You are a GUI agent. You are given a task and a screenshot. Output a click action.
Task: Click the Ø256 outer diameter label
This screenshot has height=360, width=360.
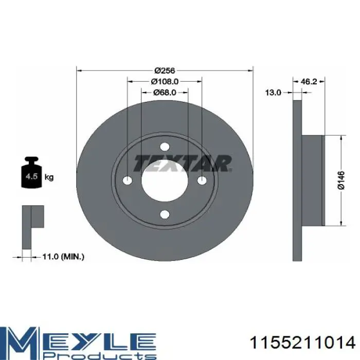[165, 70]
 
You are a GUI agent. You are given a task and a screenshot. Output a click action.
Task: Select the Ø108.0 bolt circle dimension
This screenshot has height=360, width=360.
[165, 81]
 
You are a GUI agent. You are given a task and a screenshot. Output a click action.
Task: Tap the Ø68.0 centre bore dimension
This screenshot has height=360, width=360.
[165, 92]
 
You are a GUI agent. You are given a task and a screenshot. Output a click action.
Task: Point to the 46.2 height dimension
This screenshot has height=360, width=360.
[309, 81]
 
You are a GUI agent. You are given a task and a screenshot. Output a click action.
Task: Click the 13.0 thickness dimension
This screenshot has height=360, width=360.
[273, 93]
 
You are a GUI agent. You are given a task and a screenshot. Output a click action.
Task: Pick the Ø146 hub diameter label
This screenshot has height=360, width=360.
[341, 180]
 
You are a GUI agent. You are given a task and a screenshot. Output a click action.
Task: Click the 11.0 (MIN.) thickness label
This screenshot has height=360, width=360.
[63, 257]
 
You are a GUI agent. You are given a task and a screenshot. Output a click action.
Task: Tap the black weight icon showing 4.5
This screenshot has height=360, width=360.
[31, 172]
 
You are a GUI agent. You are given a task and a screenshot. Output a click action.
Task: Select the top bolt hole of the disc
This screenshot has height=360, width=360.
[165, 147]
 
